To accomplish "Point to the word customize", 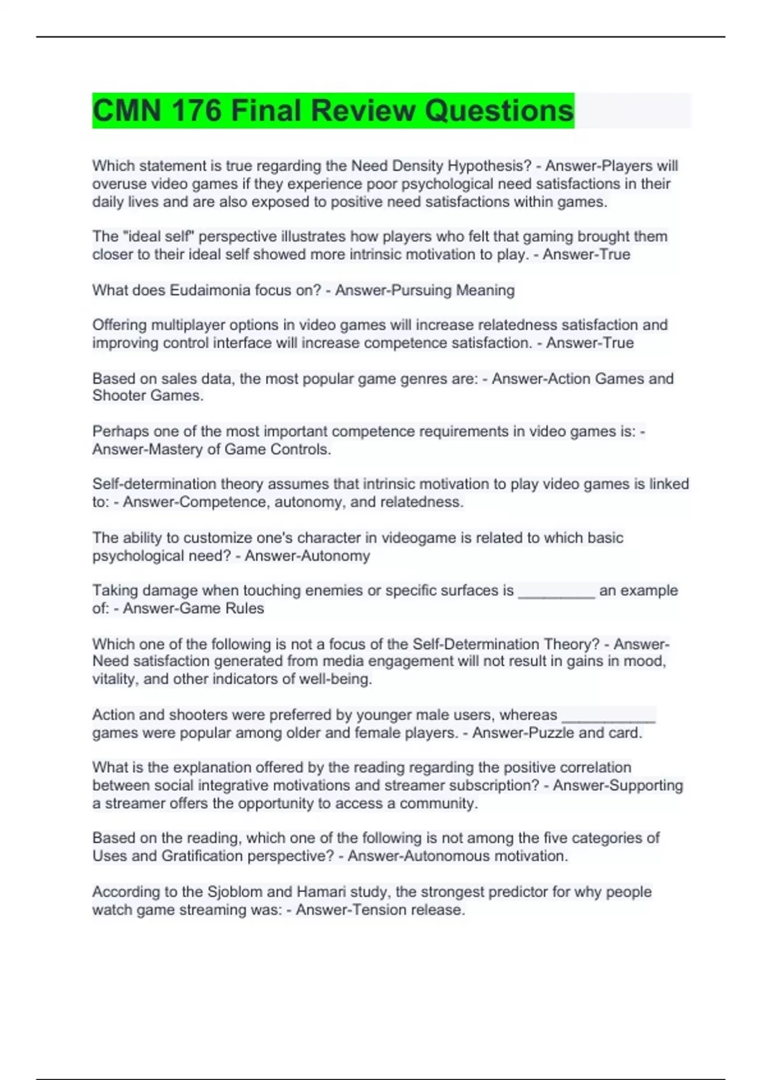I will click(x=209, y=537).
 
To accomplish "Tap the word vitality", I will click(x=116, y=679).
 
